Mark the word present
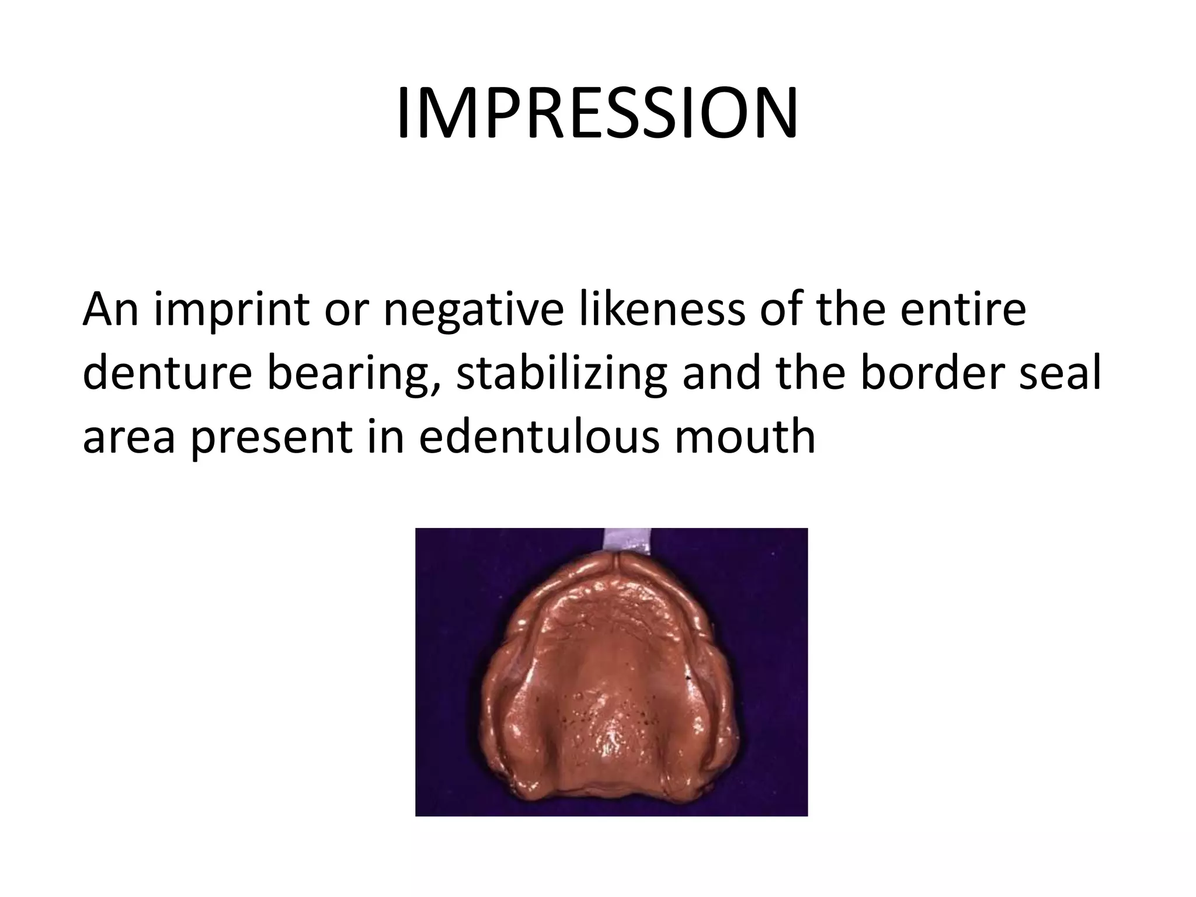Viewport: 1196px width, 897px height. pyautogui.click(x=272, y=438)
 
